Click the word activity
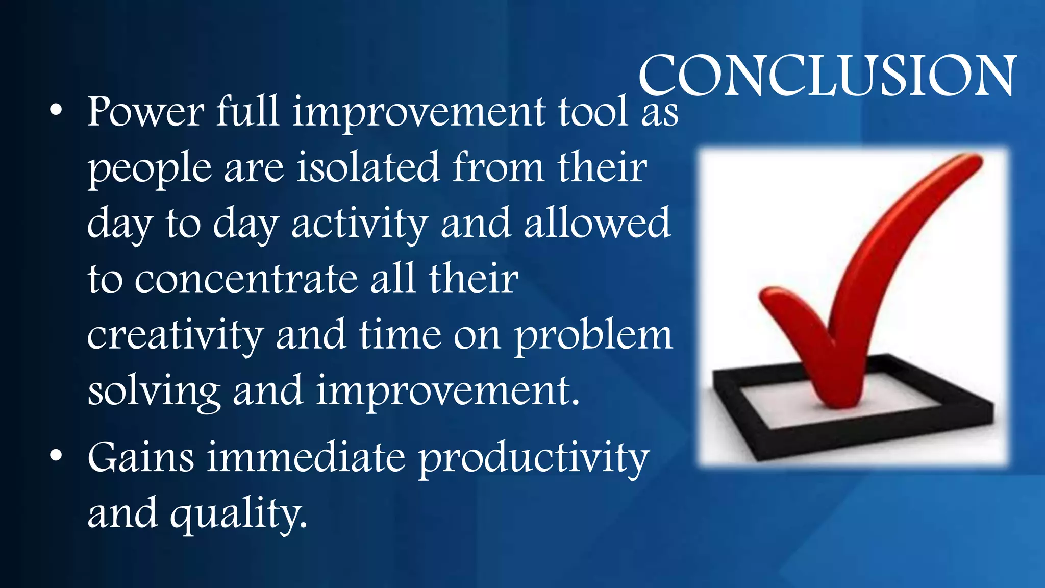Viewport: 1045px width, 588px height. [360, 224]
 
